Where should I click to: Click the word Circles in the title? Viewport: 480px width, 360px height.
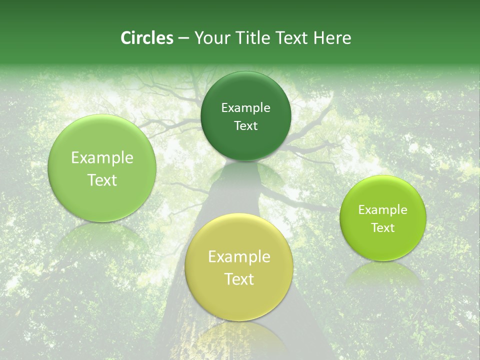146,38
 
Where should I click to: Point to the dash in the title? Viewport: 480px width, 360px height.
183,38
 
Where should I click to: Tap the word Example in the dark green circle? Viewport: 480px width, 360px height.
245,107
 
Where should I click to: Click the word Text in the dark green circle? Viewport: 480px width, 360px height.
245,125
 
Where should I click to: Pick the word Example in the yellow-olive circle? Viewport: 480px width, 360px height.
239,257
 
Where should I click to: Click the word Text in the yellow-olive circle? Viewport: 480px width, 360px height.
239,279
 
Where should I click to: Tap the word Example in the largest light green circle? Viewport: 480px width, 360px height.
102,158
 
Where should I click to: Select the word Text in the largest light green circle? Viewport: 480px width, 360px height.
102,180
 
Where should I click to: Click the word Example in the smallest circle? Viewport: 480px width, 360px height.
382,210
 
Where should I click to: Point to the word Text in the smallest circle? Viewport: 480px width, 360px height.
382,228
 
